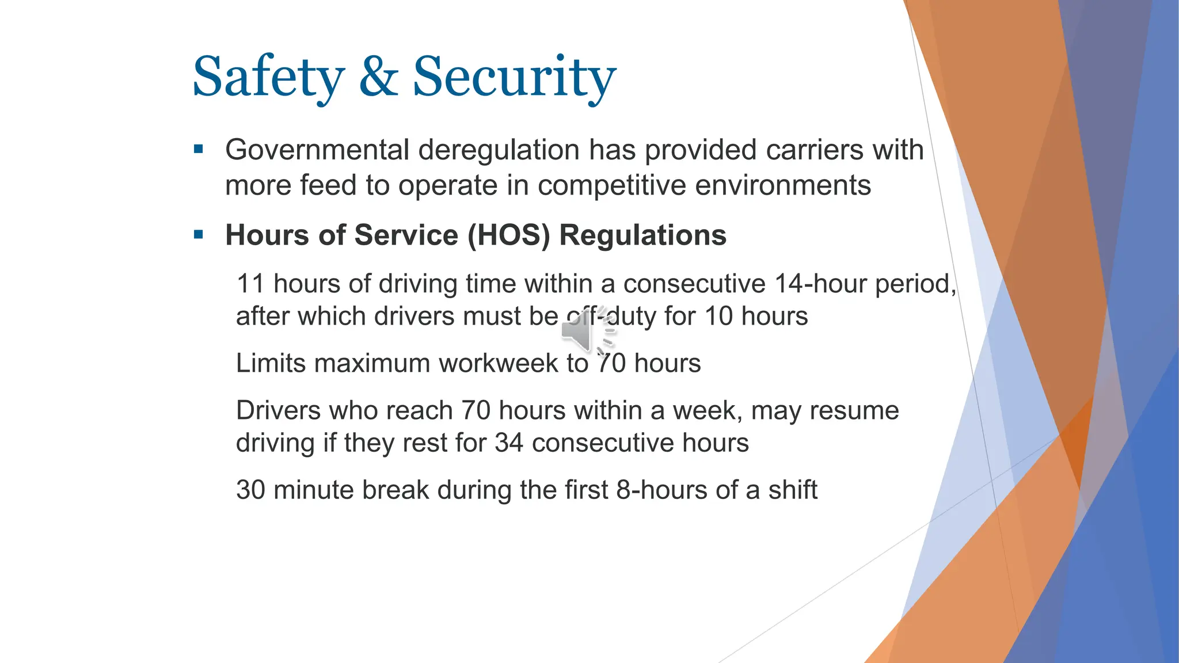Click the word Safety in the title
(x=268, y=78)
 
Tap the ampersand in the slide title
(x=378, y=77)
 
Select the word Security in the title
(x=514, y=78)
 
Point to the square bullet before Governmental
(x=199, y=150)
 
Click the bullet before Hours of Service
(x=199, y=235)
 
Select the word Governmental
(x=317, y=150)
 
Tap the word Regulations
(x=642, y=235)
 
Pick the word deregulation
(x=499, y=150)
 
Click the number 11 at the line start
(x=250, y=284)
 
